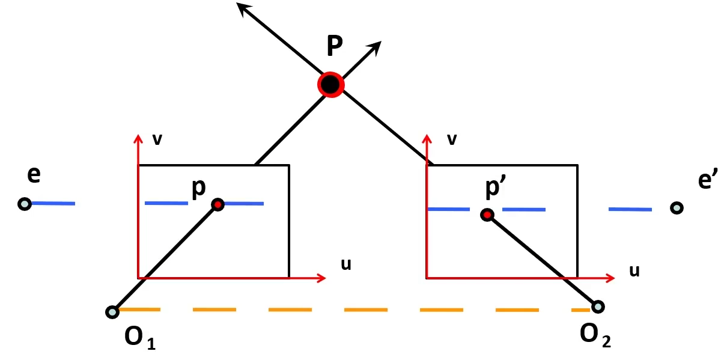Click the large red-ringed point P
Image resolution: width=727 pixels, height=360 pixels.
[330, 85]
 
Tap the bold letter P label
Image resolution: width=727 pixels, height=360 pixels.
[335, 47]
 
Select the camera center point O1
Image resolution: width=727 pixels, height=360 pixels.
[112, 312]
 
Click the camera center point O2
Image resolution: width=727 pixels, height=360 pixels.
[597, 307]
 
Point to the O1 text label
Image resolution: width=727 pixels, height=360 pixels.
[140, 338]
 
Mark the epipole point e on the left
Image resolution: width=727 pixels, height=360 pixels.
[24, 204]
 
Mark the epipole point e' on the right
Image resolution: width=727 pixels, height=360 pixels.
[677, 208]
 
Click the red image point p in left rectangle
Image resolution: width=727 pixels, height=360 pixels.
[217, 205]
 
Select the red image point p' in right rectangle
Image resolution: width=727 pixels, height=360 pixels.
[487, 215]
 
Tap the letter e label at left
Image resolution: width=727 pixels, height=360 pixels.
[34, 175]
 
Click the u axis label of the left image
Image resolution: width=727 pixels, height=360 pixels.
[346, 264]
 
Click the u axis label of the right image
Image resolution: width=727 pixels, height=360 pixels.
[634, 270]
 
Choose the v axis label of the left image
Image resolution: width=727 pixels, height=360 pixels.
[157, 139]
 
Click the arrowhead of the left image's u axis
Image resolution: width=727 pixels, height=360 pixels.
[321, 278]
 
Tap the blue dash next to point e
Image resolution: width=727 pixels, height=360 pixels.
[53, 204]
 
